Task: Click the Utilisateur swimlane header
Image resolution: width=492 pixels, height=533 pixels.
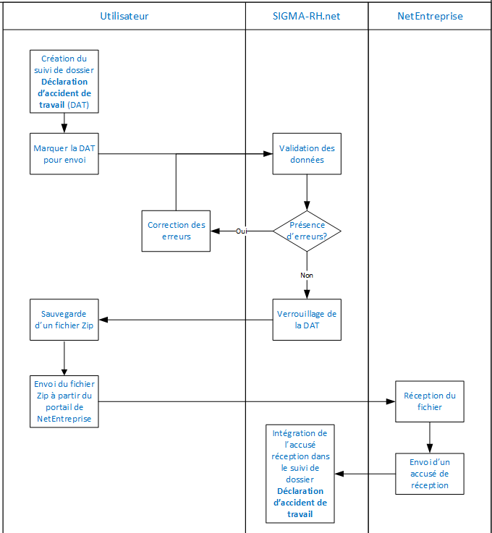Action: click(x=124, y=15)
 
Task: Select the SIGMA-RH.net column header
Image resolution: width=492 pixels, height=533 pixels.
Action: click(x=307, y=15)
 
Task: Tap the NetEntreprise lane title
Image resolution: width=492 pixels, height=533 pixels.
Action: click(x=430, y=15)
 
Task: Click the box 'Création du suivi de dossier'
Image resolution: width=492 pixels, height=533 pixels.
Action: click(x=64, y=82)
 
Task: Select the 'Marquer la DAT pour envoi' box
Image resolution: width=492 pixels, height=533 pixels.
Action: click(x=64, y=153)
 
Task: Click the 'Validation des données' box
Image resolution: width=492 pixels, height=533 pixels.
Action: click(x=307, y=153)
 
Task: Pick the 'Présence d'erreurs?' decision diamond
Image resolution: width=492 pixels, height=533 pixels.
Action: click(x=307, y=231)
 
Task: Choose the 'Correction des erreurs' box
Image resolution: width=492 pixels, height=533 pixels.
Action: click(x=176, y=231)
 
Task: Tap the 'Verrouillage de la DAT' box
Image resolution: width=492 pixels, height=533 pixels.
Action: click(x=307, y=320)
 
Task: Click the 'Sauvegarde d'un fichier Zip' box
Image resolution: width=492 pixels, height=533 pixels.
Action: click(x=64, y=320)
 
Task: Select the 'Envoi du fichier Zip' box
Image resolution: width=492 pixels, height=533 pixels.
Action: click(x=64, y=401)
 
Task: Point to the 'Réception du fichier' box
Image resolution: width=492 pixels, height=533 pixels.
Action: click(x=430, y=401)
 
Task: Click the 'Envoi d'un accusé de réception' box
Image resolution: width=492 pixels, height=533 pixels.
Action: click(x=430, y=474)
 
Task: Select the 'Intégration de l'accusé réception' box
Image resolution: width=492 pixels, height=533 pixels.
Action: click(x=300, y=474)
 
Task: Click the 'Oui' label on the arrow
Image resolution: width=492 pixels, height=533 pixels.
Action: click(x=242, y=231)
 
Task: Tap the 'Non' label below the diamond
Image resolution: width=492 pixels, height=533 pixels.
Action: click(x=307, y=275)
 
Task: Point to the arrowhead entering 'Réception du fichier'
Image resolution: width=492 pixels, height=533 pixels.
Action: click(x=391, y=401)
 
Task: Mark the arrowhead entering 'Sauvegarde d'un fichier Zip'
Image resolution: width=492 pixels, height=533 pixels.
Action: click(x=103, y=320)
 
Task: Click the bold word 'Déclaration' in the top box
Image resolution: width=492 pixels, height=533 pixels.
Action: click(x=64, y=82)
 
